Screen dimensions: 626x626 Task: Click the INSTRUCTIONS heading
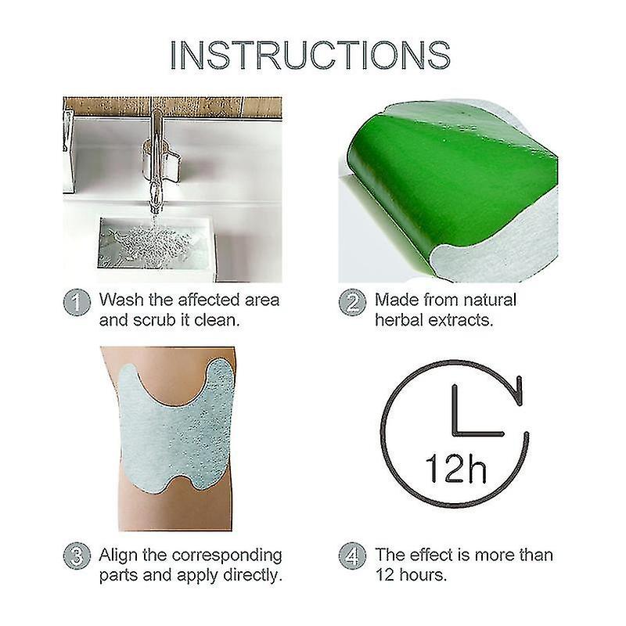coord(311,56)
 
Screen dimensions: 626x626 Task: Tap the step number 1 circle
coord(76,302)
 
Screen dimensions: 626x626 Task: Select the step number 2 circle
coord(352,302)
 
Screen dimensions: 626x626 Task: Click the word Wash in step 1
coord(122,300)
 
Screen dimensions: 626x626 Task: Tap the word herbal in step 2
coord(401,321)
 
